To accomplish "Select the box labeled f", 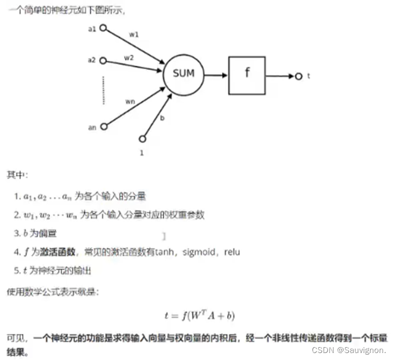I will click(x=247, y=74).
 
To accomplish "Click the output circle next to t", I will click(x=298, y=76).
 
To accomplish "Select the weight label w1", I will click(x=134, y=34).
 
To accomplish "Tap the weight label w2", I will click(x=129, y=57).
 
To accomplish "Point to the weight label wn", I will click(x=130, y=100).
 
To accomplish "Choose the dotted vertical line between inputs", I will click(x=104, y=90).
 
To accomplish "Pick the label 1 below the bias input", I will click(x=142, y=153).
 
